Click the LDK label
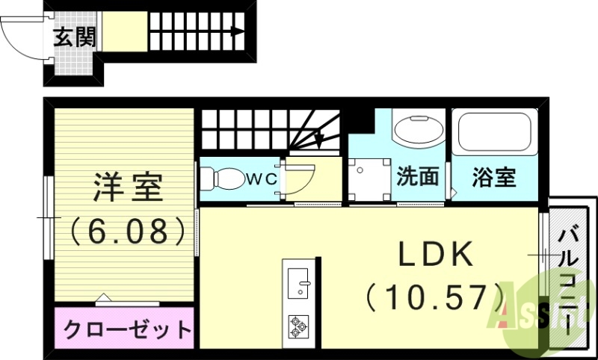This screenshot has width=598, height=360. (435, 256)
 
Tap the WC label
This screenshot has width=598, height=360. (263, 179)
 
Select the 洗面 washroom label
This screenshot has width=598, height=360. (417, 178)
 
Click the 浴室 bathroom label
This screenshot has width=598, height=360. (493, 178)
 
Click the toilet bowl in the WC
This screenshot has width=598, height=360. (222, 179)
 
